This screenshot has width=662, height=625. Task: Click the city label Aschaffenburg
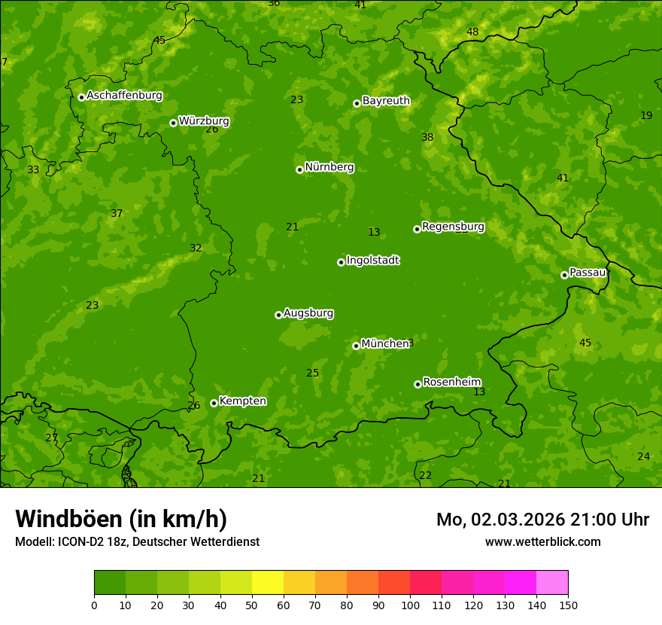124,96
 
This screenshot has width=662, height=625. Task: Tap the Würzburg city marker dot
173,123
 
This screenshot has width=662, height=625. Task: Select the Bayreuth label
386,101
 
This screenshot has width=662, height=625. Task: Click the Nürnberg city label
329,167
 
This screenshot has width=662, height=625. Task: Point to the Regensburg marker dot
417,229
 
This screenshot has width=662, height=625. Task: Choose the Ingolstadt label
372,261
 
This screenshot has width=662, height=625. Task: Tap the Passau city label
588,273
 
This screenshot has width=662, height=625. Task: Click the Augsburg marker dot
278,315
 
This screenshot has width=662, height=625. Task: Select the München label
384,344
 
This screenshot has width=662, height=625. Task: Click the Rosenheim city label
451,383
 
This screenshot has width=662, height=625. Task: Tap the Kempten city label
242,401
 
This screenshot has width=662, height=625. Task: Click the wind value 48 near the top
472,32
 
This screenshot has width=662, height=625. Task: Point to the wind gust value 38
427,137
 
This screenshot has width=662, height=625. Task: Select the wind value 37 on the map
117,214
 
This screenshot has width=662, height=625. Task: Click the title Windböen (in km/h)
121,519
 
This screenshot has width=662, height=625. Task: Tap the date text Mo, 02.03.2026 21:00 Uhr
542,520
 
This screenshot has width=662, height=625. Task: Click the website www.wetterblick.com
542,542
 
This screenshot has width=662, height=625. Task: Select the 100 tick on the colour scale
410,605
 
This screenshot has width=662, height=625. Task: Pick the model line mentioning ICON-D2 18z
137,542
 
